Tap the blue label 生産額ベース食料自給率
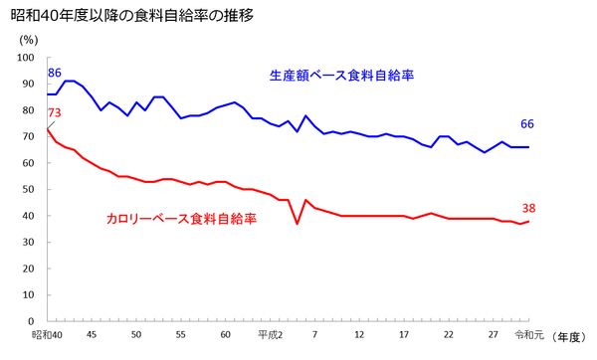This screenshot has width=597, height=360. click(x=340, y=76)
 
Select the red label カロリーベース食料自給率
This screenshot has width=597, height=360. click(x=181, y=219)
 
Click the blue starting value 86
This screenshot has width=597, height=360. click(x=55, y=74)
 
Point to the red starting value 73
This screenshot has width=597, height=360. click(x=55, y=112)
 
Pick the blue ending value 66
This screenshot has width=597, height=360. click(x=527, y=124)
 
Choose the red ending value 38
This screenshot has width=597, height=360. click(x=527, y=209)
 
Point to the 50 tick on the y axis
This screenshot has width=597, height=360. click(x=29, y=190)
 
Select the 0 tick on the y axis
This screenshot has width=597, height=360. click(x=32, y=321)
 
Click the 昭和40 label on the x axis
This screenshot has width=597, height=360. click(x=47, y=335)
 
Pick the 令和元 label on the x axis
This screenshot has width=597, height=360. click(x=529, y=335)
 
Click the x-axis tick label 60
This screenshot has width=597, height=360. click(x=225, y=335)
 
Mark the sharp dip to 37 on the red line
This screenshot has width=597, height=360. click(x=297, y=224)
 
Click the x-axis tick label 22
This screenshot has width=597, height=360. click(x=449, y=335)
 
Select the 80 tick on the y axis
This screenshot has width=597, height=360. click(x=29, y=111)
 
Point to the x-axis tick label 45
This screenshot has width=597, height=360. click(x=92, y=335)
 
